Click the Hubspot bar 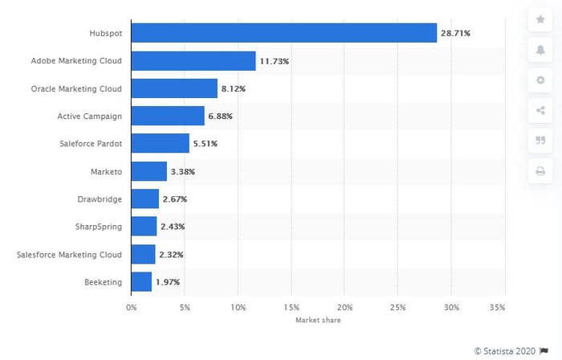(283, 33)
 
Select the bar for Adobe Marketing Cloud (193, 60)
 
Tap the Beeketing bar (141, 281)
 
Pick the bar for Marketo (149, 171)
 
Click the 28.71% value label (455, 33)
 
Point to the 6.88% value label (219, 116)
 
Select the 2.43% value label (173, 227)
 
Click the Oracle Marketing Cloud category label (77, 88)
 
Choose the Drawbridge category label (100, 199)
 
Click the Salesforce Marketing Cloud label (69, 255)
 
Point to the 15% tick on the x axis (291, 307)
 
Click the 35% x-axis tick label (497, 307)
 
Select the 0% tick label (133, 307)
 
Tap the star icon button (540, 20)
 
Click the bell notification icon (540, 50)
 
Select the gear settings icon (540, 80)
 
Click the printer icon (540, 171)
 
